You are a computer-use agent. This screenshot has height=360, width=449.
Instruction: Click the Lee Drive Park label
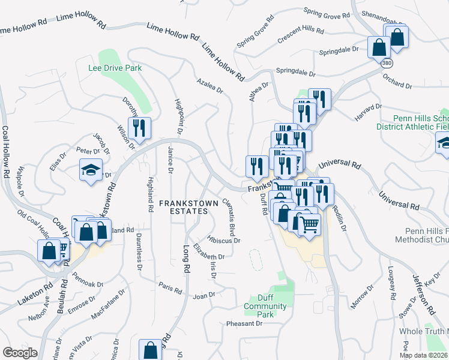(115, 68)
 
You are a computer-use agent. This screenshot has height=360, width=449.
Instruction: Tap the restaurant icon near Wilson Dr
(139, 128)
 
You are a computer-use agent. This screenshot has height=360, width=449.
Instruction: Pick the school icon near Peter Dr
(91, 170)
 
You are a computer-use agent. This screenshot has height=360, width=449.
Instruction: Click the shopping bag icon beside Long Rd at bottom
(151, 350)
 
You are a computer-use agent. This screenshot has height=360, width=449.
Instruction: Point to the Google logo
(20, 353)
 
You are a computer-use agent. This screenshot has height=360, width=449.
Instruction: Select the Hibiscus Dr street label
(224, 241)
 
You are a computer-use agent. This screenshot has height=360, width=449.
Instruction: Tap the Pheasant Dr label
(244, 323)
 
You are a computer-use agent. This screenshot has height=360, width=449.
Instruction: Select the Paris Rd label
(170, 286)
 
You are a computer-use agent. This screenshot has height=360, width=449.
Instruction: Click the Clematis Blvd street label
(229, 217)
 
